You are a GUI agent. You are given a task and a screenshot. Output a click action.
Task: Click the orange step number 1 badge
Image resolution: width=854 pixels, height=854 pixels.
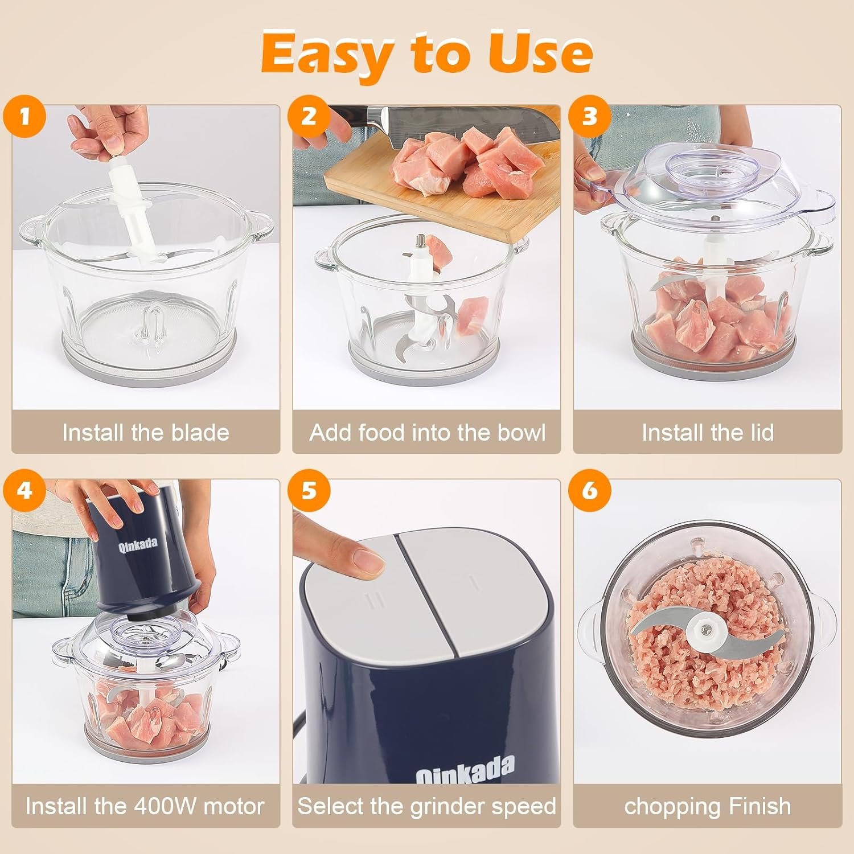pos(24,117)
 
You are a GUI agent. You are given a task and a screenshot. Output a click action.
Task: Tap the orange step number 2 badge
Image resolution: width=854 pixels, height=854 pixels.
pos(309,117)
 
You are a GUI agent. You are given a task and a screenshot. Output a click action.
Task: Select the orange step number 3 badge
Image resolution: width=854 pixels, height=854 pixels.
pos(590,117)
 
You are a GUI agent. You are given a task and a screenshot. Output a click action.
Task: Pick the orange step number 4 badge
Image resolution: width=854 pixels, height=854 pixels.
pos(24,491)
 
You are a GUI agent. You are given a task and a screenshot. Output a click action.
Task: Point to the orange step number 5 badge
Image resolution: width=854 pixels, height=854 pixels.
pos(309,491)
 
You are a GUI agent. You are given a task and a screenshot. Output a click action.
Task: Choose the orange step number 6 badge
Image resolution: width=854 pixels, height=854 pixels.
pos(590,491)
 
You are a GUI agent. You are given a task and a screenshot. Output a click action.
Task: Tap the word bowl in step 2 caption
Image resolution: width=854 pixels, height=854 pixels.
pos(522,433)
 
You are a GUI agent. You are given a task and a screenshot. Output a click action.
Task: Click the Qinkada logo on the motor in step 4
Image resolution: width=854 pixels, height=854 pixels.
pos(138,544)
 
